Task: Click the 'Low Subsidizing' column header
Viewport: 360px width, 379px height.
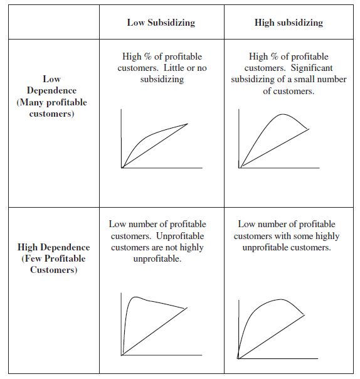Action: pos(161,23)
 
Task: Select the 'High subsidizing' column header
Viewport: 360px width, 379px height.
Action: pos(289,23)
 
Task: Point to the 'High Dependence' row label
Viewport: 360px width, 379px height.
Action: pos(53,247)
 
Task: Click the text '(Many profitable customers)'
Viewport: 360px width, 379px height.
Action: pos(51,108)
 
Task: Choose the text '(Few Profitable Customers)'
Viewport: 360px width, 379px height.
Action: pos(53,264)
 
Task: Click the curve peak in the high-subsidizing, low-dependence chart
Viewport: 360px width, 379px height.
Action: pos(282,114)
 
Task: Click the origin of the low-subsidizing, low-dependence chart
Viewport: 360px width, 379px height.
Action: pos(122,168)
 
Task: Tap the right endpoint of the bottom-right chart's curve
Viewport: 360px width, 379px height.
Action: pos(305,314)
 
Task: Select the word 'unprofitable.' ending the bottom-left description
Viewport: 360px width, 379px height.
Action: pos(157,259)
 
